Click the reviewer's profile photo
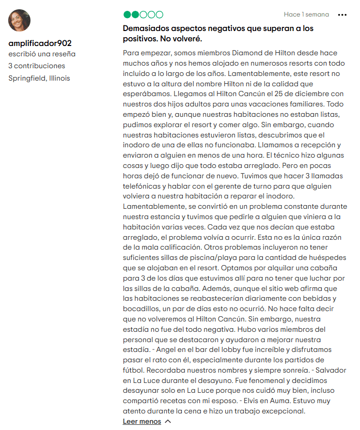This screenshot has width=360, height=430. pos(19,20)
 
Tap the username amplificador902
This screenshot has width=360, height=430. pos(40,43)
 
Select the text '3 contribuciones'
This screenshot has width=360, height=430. pos(37,66)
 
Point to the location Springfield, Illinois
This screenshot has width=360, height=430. pos(39,78)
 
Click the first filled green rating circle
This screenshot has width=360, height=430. pos(127,14)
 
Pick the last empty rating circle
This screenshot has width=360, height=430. pos(159,14)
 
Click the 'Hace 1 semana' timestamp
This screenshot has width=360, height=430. pos(306,14)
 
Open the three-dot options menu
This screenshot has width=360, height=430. pos(342,15)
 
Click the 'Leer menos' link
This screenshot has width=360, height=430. pos(142,421)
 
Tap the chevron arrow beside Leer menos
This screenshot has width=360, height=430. pos(167,421)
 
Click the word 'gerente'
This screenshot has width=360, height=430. pos(224,186)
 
